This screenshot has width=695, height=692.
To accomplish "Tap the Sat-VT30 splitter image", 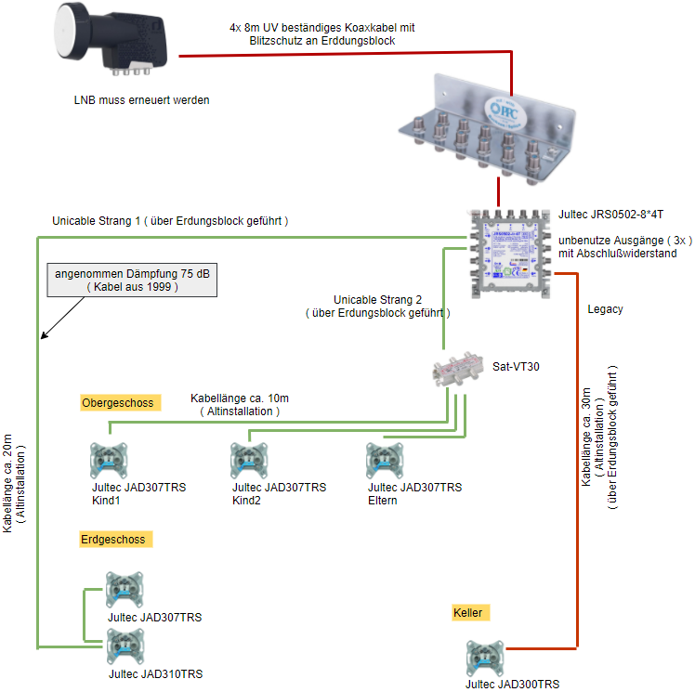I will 457,371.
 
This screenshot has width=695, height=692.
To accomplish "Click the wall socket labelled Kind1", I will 108,460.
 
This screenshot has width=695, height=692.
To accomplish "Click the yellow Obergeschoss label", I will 118,402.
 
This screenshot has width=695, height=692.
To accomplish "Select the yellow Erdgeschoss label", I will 112,539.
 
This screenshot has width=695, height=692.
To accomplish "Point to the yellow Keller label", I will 468,613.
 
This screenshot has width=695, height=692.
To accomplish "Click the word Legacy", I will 605,308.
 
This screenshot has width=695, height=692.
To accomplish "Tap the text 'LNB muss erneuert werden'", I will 141,98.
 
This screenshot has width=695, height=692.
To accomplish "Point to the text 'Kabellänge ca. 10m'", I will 240,398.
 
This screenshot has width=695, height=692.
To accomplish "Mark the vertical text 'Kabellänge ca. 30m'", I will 586,437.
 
